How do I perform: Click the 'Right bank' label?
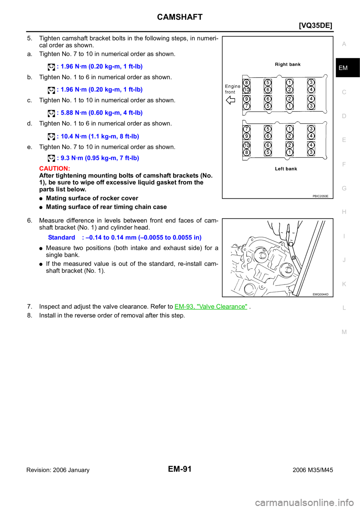[x=288, y=64]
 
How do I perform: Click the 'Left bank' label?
[x=286, y=169]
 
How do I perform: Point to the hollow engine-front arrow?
[x=230, y=100]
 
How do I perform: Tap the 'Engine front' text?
[x=232, y=89]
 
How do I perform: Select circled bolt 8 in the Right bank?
[x=246, y=82]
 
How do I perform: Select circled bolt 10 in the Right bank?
[x=246, y=90]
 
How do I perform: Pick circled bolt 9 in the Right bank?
[x=246, y=99]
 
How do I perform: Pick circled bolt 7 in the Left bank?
[x=246, y=129]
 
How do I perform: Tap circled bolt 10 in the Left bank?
[x=246, y=145]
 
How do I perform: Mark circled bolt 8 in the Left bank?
[x=246, y=153]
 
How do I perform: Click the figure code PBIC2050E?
[x=320, y=196]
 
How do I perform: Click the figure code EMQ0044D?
[x=320, y=294]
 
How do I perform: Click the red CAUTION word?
[x=54, y=168]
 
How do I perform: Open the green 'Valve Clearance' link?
[x=211, y=307]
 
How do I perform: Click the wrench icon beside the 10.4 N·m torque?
[x=51, y=137]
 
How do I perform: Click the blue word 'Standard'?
[x=61, y=237]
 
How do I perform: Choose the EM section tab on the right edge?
[x=343, y=68]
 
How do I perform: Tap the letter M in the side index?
[x=344, y=332]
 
